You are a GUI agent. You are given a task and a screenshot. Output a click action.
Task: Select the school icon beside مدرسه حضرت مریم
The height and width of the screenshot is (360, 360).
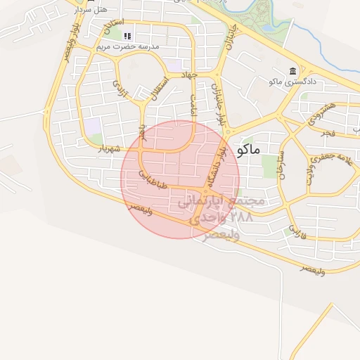pyautogui.click(x=127, y=36)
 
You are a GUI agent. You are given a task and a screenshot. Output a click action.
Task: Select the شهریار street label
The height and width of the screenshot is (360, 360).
pyautogui.click(x=110, y=148)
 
